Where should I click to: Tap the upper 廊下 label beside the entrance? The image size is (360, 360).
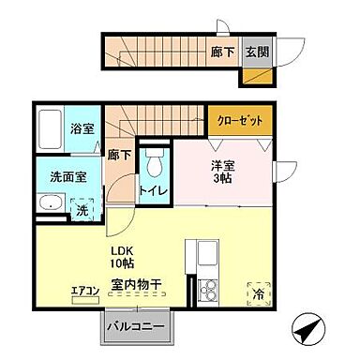point(224,52)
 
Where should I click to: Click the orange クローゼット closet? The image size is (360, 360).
point(241,121)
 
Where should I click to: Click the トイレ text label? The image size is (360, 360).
point(155,191)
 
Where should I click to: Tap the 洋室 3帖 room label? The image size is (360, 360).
point(221,172)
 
